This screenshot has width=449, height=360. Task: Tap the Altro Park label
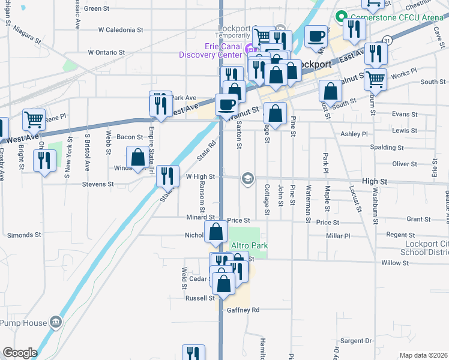tap(249, 245)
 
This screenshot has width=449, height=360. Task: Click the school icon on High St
tap(247, 178)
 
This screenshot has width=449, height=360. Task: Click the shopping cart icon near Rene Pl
tap(34, 119)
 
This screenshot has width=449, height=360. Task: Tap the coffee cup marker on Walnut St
tap(226, 104)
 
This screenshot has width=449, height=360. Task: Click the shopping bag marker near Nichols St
tap(216, 232)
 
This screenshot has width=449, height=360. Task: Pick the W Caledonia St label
tap(121, 29)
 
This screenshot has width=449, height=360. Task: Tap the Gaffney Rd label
tap(243, 310)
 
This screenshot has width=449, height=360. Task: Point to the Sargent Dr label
tap(355, 340)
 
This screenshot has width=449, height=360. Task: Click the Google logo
tap(19, 353)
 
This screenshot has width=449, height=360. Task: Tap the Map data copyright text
tap(424, 355)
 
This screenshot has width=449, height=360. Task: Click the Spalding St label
tap(387, 147)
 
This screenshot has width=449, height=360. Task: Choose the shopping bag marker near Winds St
tap(138, 158)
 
